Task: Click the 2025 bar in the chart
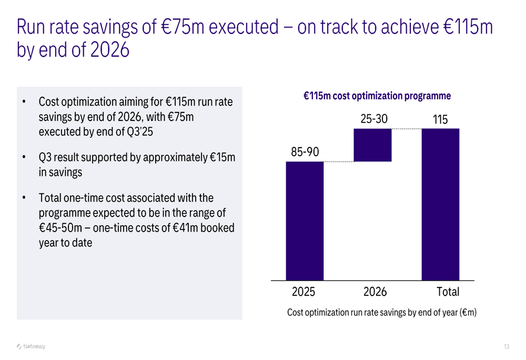pyautogui.click(x=305, y=221)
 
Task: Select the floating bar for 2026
pyautogui.click(x=372, y=145)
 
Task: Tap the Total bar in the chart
pyautogui.click(x=440, y=204)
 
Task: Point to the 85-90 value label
pyautogui.click(x=305, y=152)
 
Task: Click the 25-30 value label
pyautogui.click(x=373, y=119)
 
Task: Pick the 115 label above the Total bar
pyautogui.click(x=440, y=120)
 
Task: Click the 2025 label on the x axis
pyautogui.click(x=305, y=292)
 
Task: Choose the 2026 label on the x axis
pyautogui.click(x=375, y=292)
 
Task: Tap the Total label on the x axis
pyautogui.click(x=448, y=292)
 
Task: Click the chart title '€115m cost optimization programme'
pyautogui.click(x=377, y=96)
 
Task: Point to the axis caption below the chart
pyautogui.click(x=382, y=313)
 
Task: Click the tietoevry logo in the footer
pyautogui.click(x=31, y=346)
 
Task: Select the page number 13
pyautogui.click(x=507, y=346)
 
